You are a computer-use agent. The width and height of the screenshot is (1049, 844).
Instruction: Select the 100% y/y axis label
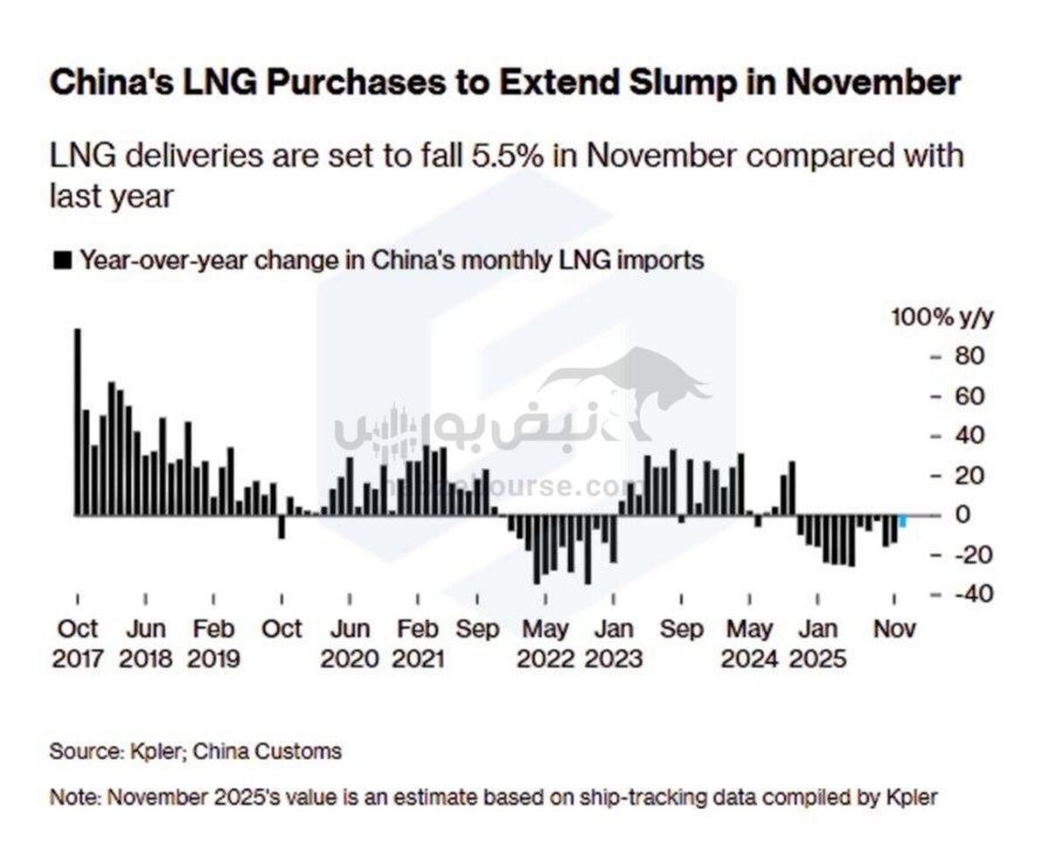[941, 317]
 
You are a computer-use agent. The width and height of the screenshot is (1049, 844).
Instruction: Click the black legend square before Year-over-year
[62, 261]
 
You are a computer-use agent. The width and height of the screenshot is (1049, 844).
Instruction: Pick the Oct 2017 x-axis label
[78, 643]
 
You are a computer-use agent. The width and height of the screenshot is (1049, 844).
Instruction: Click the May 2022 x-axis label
[545, 643]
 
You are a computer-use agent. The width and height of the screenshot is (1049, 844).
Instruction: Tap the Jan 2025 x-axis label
[817, 643]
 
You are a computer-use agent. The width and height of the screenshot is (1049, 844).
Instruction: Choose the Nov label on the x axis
[894, 629]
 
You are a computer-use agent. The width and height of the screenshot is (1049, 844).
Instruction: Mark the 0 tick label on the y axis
[962, 514]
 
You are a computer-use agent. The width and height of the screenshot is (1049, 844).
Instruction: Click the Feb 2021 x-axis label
[418, 643]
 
